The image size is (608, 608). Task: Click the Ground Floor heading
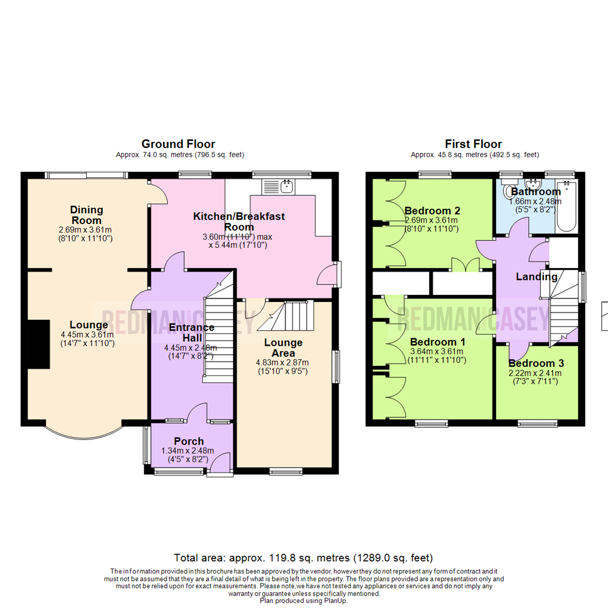(178, 144)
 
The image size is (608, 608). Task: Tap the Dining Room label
(87, 215)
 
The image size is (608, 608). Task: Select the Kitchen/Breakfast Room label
(239, 221)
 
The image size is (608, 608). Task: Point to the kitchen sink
(288, 185)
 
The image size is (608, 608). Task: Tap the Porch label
(189, 441)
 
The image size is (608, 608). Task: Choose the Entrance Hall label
(193, 332)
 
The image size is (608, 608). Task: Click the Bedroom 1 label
(437, 342)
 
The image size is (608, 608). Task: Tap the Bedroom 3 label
(537, 363)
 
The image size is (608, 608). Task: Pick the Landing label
(537, 276)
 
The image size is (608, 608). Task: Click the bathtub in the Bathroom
(566, 208)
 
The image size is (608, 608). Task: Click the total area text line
(303, 558)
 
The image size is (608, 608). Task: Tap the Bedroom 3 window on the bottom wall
(537, 423)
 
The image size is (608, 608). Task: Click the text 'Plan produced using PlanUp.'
(303, 601)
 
